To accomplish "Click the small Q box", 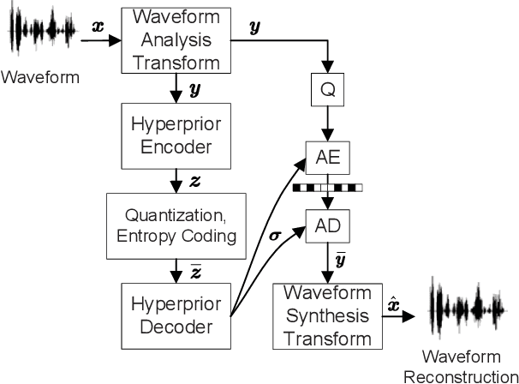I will (327, 88).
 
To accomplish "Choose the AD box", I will (327, 225).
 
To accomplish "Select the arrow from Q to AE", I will (327, 123).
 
